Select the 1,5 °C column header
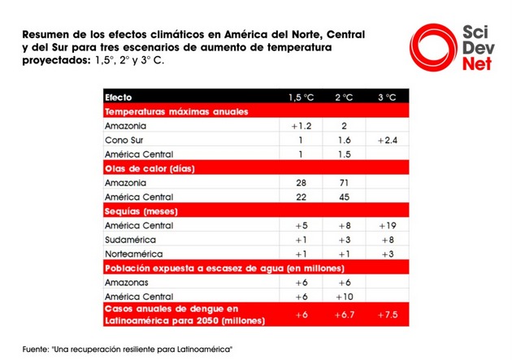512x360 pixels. (x=301, y=98)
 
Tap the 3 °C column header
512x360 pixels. (x=387, y=98)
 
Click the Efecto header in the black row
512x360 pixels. (x=118, y=98)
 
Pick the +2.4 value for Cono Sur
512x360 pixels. (x=388, y=141)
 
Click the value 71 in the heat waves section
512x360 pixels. (x=344, y=183)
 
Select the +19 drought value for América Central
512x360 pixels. (x=388, y=226)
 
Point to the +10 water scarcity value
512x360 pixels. (x=345, y=297)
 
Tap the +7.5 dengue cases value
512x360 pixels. (x=388, y=314)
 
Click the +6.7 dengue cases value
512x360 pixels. (x=345, y=314)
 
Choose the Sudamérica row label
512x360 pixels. (x=130, y=240)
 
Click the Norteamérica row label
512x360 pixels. (x=134, y=254)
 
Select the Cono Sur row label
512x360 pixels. (x=124, y=141)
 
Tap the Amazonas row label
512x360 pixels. (x=126, y=282)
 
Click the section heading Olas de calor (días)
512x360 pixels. (x=150, y=169)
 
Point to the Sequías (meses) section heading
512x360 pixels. (x=141, y=211)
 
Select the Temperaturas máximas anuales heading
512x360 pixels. (x=176, y=111)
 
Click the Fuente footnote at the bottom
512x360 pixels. (x=128, y=349)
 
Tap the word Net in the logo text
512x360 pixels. (x=477, y=63)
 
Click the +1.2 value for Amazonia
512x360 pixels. (x=301, y=126)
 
